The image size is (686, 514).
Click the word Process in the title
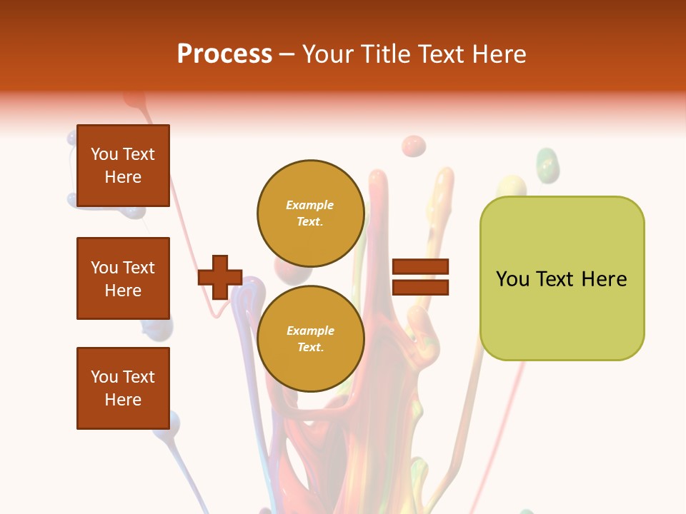tap(224, 54)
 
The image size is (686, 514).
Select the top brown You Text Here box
tap(123, 166)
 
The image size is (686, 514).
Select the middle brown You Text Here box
tap(123, 278)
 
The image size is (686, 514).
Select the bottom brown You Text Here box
tap(123, 388)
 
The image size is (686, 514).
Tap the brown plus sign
tap(220, 277)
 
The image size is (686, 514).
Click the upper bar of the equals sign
tap(421, 267)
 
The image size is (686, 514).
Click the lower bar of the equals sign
tap(421, 287)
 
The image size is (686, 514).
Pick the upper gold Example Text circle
tap(310, 213)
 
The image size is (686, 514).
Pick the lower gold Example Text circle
tap(310, 339)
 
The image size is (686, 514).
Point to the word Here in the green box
tap(604, 279)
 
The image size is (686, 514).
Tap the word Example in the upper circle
tap(310, 206)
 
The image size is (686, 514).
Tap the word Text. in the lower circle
tap(310, 348)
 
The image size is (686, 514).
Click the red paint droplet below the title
tap(413, 146)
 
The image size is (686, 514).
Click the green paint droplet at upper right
tap(547, 163)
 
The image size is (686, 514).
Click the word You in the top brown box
tap(104, 154)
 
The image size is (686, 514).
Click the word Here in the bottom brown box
tap(123, 400)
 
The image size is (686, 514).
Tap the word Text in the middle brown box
tap(139, 268)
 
